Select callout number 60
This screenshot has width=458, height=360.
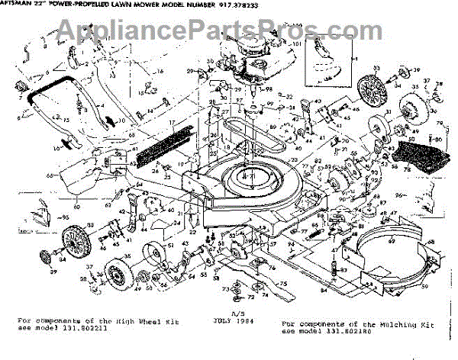pyautogui.click(x=54, y=205)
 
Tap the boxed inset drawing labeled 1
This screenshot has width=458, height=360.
pyautogui.click(x=330, y=69)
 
